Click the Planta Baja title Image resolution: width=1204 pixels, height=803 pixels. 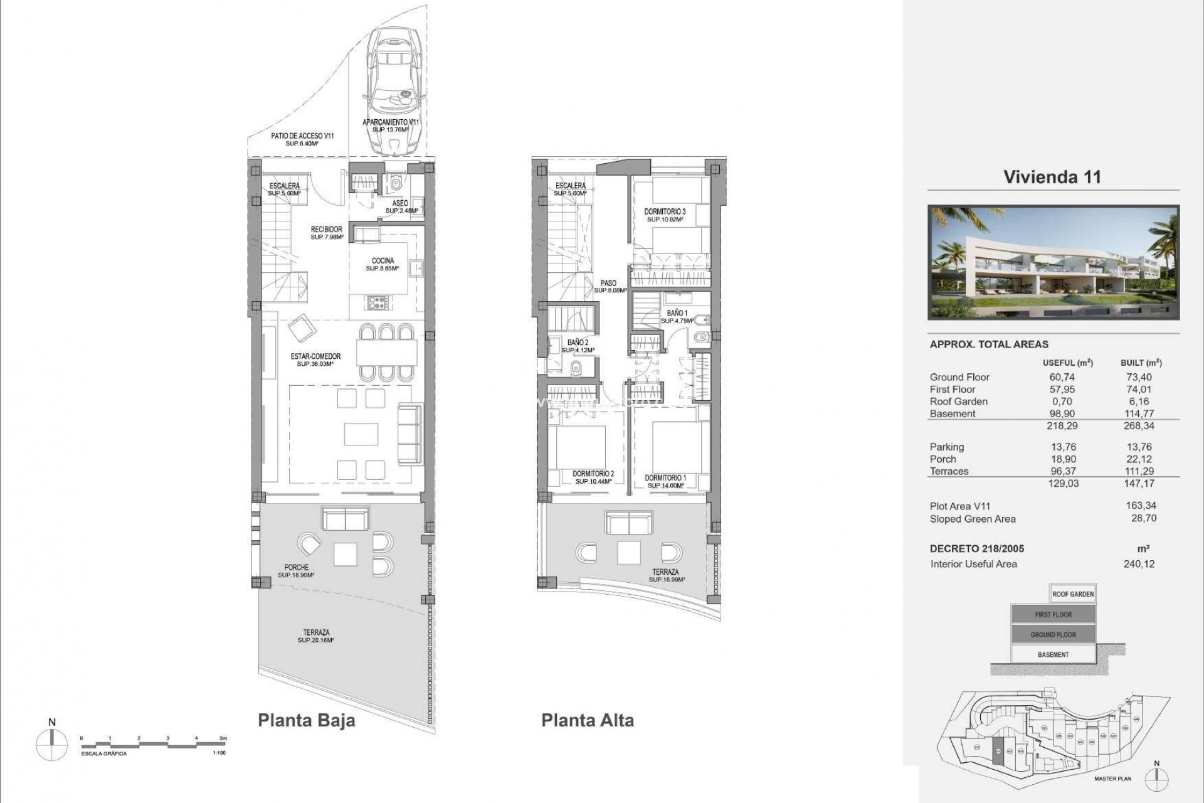pyautogui.click(x=307, y=720)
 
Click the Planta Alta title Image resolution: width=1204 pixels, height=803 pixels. pyautogui.click(x=588, y=720)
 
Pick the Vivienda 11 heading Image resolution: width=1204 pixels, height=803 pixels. pyautogui.click(x=1052, y=177)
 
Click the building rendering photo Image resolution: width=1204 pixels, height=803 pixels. pyautogui.click(x=1053, y=262)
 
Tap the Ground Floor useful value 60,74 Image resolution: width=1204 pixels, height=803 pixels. pyautogui.click(x=1062, y=377)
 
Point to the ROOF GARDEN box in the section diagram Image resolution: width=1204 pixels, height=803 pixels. pyautogui.click(x=1073, y=594)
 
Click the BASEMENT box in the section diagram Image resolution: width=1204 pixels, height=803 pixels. pyautogui.click(x=1053, y=654)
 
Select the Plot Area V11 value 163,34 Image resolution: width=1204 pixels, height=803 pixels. pyautogui.click(x=1141, y=506)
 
